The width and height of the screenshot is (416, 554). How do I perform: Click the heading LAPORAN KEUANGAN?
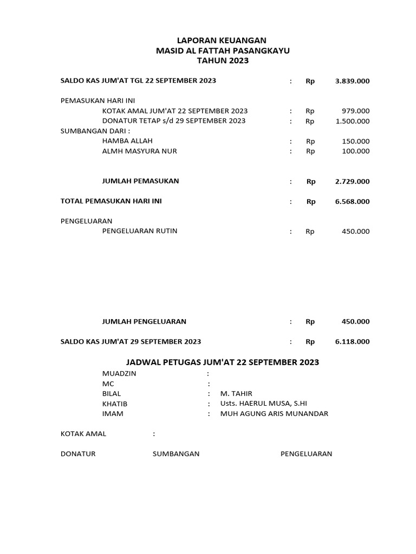(222, 41)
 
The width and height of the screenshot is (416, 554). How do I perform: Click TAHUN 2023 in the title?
(222, 61)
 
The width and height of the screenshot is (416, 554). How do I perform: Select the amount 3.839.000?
(352, 81)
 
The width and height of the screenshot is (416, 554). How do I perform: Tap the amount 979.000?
(355, 111)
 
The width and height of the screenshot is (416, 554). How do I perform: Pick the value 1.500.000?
(352, 121)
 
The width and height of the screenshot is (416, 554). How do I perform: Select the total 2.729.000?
(352, 182)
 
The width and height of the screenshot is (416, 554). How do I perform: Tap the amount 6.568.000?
(352, 202)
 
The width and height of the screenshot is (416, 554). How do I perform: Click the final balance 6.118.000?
(352, 342)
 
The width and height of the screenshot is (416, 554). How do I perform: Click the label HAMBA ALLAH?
(127, 141)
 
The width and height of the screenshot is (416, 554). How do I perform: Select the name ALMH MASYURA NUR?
(139, 151)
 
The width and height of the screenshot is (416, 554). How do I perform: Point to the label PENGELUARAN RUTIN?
(140, 232)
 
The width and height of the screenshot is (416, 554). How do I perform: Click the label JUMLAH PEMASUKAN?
(140, 181)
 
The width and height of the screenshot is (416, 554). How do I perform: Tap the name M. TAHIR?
(236, 394)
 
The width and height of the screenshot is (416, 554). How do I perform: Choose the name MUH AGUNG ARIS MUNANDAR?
(274, 414)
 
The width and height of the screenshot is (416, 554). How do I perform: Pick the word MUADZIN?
(119, 374)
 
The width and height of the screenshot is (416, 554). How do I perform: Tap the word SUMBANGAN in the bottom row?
(176, 454)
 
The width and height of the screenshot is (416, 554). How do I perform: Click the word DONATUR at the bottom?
(78, 454)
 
